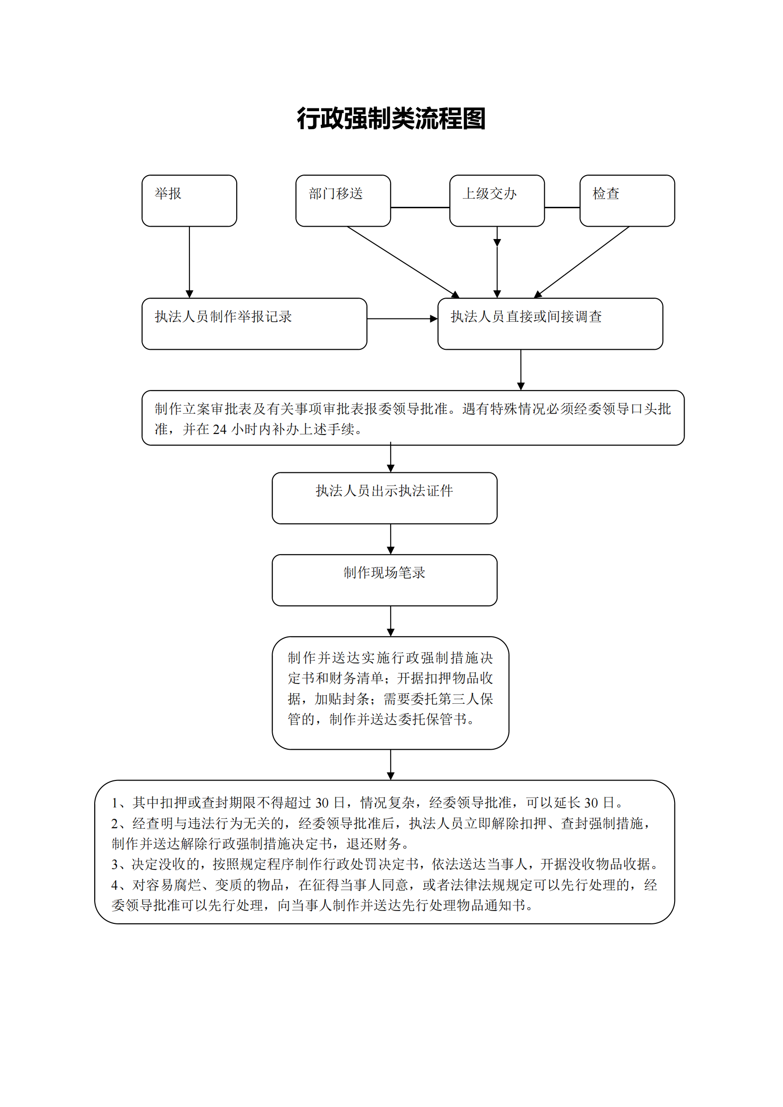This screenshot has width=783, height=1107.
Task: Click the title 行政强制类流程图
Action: (x=391, y=119)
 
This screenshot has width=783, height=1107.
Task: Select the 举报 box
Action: (x=189, y=201)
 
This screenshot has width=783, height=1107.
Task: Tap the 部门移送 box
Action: (x=343, y=201)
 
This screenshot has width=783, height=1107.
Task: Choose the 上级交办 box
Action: (x=497, y=201)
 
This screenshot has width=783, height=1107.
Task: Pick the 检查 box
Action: (x=627, y=201)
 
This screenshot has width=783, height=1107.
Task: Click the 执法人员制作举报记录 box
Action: (x=254, y=324)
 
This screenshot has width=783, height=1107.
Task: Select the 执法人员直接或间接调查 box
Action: (x=550, y=324)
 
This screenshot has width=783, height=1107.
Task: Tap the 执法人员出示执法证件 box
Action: (x=384, y=497)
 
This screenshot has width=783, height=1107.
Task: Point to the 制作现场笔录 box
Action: (x=384, y=580)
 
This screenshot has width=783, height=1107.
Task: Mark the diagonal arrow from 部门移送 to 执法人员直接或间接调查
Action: (x=402, y=261)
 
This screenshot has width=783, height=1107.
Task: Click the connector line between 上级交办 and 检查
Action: (x=562, y=207)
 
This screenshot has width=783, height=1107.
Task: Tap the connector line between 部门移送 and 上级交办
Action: (x=419, y=207)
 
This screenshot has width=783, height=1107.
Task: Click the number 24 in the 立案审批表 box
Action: (x=219, y=430)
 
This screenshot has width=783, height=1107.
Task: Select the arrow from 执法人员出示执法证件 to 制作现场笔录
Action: (x=391, y=539)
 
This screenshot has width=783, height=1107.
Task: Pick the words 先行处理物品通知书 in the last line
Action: (x=463, y=905)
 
